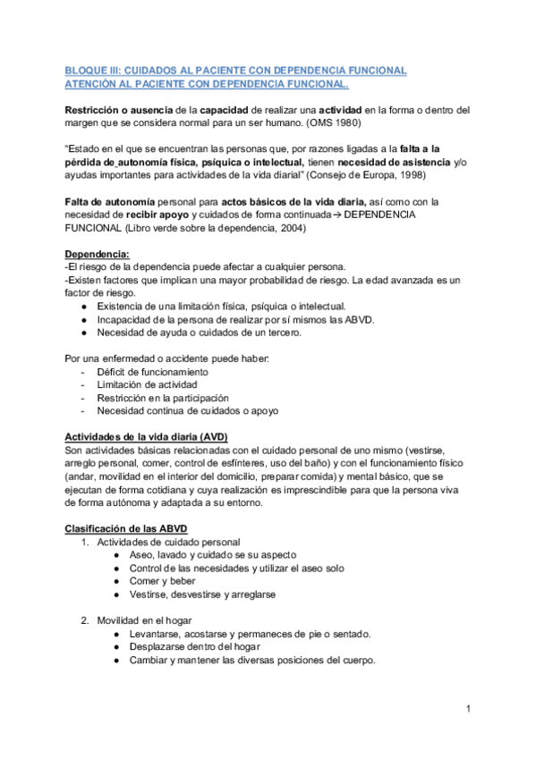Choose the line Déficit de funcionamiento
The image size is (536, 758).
click(152, 371)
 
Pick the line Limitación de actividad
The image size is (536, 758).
click(147, 384)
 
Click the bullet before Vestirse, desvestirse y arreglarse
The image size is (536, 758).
click(118, 594)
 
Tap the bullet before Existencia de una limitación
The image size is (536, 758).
click(83, 306)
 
